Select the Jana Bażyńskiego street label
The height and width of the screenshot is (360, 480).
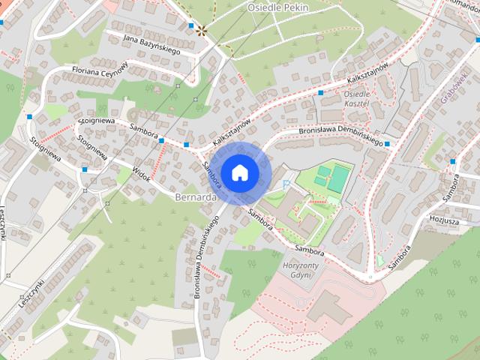151,42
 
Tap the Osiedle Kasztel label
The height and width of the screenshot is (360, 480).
357,100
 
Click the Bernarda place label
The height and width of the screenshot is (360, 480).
195,197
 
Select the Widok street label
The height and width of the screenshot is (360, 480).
140,173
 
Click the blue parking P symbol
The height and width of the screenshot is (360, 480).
286,184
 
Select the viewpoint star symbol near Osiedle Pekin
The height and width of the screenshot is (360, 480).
200,30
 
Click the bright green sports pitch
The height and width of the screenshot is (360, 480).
339,178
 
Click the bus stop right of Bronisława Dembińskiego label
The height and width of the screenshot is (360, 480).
387,144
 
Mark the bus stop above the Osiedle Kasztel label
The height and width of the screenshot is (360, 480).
320,93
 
